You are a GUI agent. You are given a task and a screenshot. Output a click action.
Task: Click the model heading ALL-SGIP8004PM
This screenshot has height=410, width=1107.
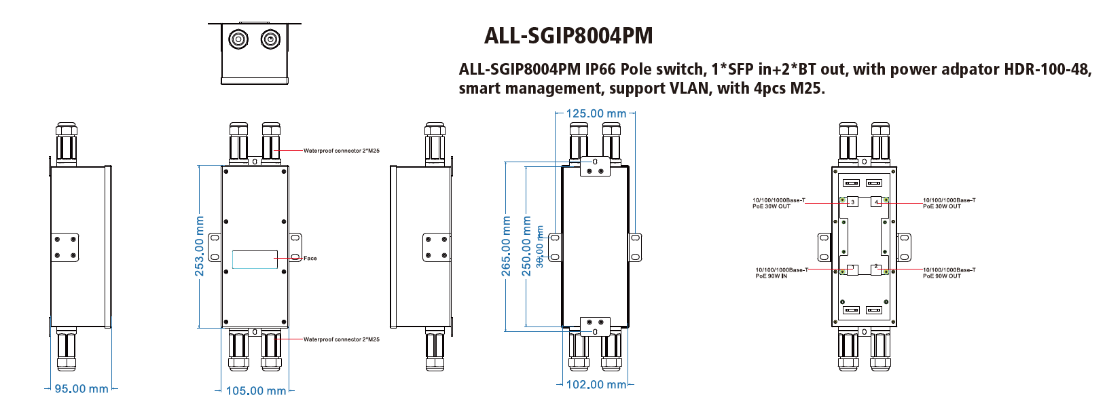click(x=568, y=36)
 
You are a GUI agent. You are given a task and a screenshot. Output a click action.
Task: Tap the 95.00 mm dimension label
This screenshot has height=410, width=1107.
click(x=81, y=389)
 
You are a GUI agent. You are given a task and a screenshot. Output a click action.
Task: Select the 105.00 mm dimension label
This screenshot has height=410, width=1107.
click(x=256, y=391)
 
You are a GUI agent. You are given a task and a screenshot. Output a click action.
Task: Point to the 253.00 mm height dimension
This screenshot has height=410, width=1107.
click(x=200, y=246)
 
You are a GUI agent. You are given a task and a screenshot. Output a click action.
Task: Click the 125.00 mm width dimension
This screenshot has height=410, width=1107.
click(x=596, y=114)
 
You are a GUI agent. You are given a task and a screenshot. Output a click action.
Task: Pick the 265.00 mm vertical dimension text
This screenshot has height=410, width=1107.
click(x=506, y=246)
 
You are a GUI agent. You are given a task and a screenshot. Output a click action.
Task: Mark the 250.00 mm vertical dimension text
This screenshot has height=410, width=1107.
click(x=526, y=246)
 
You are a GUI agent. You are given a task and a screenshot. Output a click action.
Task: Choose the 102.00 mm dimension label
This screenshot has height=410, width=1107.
click(x=596, y=385)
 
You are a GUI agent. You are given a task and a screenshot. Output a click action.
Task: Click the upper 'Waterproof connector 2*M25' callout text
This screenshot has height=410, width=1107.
click(x=342, y=151)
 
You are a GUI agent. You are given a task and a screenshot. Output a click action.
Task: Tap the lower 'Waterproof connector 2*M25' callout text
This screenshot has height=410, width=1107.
click(x=342, y=339)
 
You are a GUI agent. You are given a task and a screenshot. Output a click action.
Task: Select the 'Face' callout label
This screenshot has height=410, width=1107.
click(x=310, y=259)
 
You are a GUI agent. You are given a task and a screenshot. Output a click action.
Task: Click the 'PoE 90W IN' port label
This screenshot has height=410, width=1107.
click(x=772, y=276)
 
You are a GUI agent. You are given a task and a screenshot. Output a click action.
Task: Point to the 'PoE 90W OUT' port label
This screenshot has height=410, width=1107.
click(x=942, y=276)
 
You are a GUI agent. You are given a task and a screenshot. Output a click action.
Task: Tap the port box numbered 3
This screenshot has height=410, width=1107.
click(x=853, y=202)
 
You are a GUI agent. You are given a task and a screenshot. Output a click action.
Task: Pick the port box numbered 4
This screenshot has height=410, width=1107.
click(x=876, y=202)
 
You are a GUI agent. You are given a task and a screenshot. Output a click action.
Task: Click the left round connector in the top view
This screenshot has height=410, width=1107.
click(x=238, y=39)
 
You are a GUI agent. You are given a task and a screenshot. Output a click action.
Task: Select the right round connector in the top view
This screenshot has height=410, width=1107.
click(x=270, y=39)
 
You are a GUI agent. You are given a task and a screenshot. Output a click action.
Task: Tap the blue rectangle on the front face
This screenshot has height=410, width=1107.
click(x=255, y=259)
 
